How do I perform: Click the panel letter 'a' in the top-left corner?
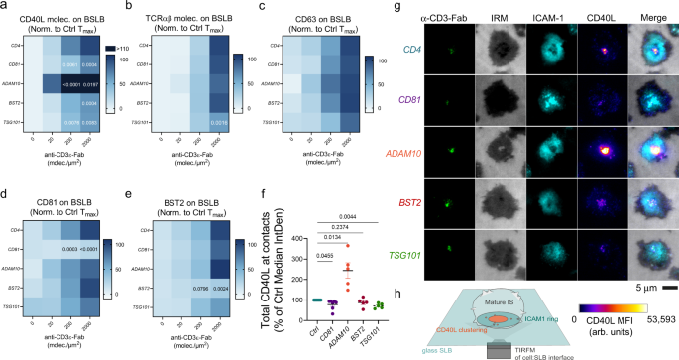click(x=5, y=7)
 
